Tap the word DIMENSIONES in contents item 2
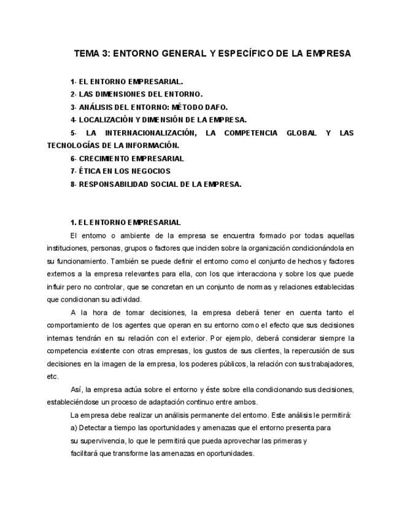(117, 94)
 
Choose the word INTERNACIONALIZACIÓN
(148, 133)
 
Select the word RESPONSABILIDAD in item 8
(115, 184)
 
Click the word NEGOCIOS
(151, 171)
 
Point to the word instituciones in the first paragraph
(68, 248)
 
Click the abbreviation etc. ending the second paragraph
(53, 377)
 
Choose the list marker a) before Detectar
(74, 428)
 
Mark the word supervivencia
(102, 441)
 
